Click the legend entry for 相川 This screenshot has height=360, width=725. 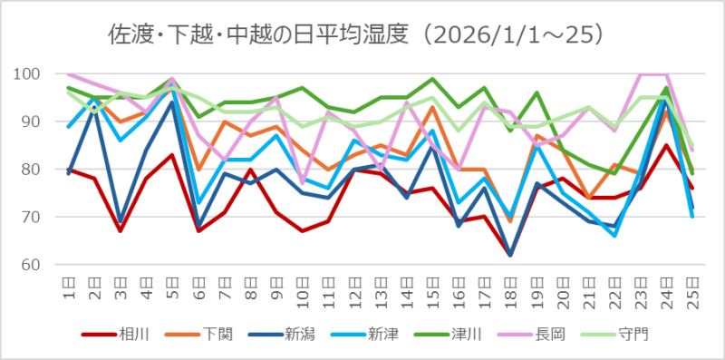click(x=126, y=334)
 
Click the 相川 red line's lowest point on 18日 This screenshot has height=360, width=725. click(x=511, y=255)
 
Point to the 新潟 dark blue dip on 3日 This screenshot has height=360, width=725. click(x=121, y=222)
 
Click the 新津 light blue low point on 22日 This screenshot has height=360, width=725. click(x=615, y=236)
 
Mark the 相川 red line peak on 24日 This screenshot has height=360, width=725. click(x=667, y=145)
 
